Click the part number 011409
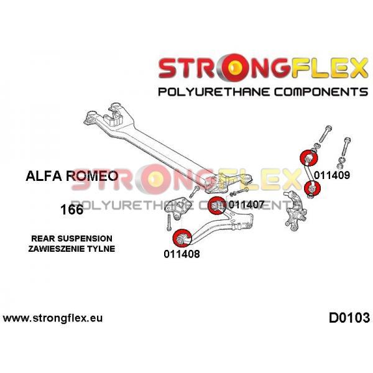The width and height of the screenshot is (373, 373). (x=332, y=175)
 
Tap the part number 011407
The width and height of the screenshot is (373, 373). (x=246, y=204)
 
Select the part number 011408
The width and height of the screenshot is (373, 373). (x=182, y=254)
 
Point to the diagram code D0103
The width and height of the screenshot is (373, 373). (x=349, y=318)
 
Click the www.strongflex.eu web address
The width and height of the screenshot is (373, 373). (x=53, y=318)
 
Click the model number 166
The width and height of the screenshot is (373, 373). (x=72, y=210)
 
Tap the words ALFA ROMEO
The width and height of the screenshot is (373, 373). (x=72, y=176)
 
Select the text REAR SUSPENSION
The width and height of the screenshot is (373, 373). (x=72, y=238)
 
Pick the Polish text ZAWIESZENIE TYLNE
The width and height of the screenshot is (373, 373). (x=71, y=249)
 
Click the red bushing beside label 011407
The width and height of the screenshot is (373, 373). (x=216, y=206)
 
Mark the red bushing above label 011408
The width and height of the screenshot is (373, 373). (x=182, y=237)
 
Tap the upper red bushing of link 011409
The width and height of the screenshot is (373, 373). (x=309, y=158)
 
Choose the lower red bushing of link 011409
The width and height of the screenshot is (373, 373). (x=312, y=188)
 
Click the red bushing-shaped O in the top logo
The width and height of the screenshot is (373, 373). (x=234, y=67)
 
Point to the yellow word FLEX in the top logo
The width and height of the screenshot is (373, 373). (x=329, y=68)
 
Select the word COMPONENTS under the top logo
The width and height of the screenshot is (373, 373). (x=321, y=92)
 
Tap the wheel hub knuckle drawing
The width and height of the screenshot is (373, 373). (x=294, y=211)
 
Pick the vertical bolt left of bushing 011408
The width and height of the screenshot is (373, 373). (x=168, y=222)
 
